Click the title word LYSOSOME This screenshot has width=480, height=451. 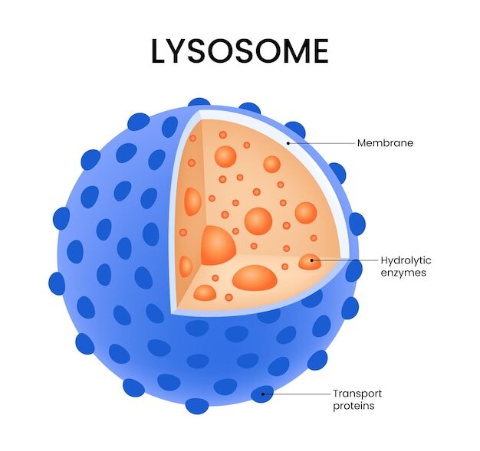coord(240,51)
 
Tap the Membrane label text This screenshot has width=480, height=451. coord(385,143)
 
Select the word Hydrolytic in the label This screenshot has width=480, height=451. coord(406,260)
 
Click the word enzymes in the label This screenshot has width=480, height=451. coord(403,273)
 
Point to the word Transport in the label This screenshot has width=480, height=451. coord(357,394)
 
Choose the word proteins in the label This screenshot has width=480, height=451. coord(353,406)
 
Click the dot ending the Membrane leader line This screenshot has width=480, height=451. coord(288,143)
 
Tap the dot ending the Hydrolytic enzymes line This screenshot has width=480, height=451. coord(311,260)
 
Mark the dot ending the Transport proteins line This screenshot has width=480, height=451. coord(263,394)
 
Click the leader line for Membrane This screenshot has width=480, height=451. coord(321,143)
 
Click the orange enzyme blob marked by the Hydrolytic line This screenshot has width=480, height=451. coord(310,262)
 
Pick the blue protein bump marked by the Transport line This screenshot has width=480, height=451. coord(262,394)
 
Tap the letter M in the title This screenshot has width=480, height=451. coord(294,51)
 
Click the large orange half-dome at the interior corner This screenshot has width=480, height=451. coord(219,246)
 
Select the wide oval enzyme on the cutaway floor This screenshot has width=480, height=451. coord(255,278)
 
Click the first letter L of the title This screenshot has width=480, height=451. coord(159,51)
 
